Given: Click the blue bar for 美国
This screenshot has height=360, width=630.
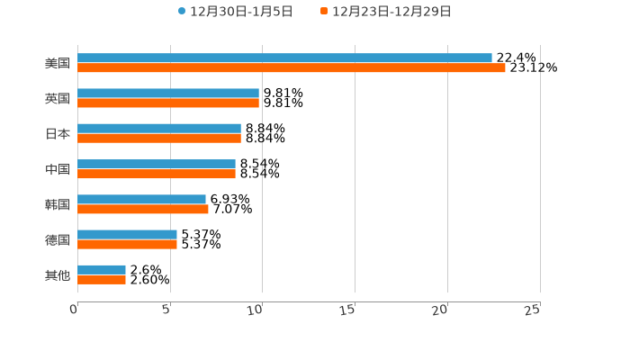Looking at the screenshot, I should tap(284, 58).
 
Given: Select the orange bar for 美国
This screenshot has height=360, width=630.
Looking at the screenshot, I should tap(292, 68).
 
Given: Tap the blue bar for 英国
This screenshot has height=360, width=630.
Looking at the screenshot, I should tap(168, 93).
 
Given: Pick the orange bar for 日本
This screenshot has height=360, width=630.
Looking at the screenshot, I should tap(159, 139).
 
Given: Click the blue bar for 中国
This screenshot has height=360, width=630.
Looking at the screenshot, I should tap(157, 164).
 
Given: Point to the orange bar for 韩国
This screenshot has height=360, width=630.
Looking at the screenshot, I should tap(143, 210).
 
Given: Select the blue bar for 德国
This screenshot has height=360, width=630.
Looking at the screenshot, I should tap(127, 234).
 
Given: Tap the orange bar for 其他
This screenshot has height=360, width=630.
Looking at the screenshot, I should tap(102, 280).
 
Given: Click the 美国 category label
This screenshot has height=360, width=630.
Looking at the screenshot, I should tap(58, 64).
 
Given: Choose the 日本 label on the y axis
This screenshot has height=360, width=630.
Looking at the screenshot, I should tap(58, 134).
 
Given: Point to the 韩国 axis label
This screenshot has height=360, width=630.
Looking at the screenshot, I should tap(58, 205).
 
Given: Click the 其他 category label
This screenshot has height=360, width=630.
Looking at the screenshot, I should tap(58, 275).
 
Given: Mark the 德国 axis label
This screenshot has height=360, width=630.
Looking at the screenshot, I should tap(58, 240).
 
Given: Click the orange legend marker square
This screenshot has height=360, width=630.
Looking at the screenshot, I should tap(324, 12).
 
